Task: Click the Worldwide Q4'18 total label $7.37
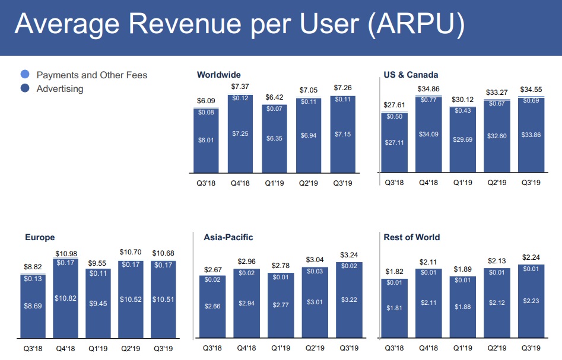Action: (x=240, y=87)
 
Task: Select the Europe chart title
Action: (x=40, y=237)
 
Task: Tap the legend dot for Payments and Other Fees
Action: (x=25, y=75)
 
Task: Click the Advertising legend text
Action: (x=60, y=89)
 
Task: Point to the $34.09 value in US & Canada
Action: (x=428, y=135)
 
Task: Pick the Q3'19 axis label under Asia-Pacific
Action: (x=349, y=348)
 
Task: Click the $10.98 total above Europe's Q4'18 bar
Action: (x=66, y=254)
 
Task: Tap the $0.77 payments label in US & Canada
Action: (x=428, y=100)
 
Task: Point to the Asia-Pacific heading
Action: (x=228, y=237)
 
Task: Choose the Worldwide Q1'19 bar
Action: (x=275, y=139)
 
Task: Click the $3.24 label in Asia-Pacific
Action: (x=349, y=255)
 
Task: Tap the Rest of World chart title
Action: (x=411, y=237)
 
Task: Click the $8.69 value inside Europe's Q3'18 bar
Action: (x=33, y=306)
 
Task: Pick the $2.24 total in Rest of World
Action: (x=531, y=257)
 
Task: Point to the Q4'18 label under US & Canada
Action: (x=428, y=183)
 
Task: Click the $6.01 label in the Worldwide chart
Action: (x=205, y=140)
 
